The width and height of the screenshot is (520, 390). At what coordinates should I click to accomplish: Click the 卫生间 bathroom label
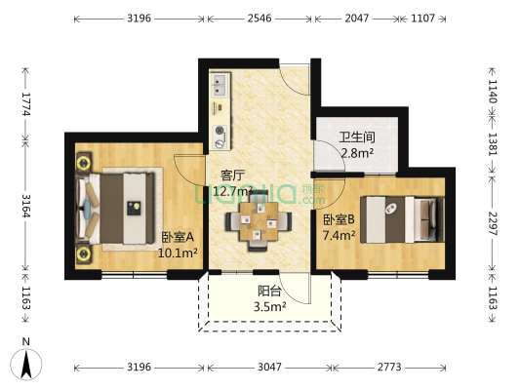pyautogui.click(x=356, y=137)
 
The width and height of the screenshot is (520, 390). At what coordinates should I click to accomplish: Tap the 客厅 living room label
pyautogui.click(x=231, y=175)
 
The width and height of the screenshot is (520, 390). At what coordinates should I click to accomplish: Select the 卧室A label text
pyautogui.click(x=179, y=237)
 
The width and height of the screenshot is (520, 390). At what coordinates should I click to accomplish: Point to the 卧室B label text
pyautogui.click(x=340, y=219)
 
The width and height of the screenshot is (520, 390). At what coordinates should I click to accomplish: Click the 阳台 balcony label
pyautogui.click(x=270, y=290)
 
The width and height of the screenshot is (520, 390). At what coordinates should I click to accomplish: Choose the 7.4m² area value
pyautogui.click(x=340, y=235)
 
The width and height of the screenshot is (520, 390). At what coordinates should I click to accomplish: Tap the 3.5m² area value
pyautogui.click(x=270, y=306)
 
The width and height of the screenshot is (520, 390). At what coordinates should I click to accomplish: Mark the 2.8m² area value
pyautogui.click(x=356, y=153)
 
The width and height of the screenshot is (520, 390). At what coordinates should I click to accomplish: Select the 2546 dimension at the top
pyautogui.click(x=259, y=19)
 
